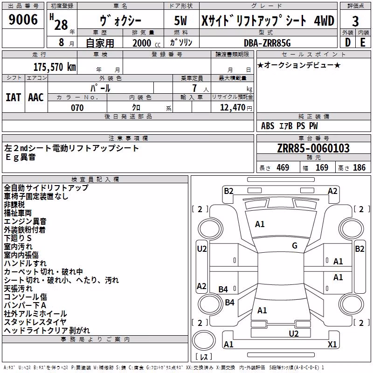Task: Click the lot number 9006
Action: tap(23, 20)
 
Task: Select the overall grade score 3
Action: tap(355, 21)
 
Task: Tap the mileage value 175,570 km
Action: tap(55, 67)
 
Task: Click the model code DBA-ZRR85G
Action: tap(267, 43)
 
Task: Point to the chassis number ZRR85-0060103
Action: tap(313, 148)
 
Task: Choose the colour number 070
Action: tap(77, 108)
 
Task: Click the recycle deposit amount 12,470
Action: tap(232, 108)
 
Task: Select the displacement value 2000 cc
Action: tap(146, 43)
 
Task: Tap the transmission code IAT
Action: tap(14, 97)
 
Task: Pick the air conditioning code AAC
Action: tap(36, 97)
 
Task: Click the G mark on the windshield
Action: tap(295, 246)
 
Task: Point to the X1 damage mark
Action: tap(332, 344)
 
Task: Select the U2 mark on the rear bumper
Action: tap(294, 333)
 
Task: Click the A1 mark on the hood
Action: tap(260, 224)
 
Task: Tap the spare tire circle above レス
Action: tap(204, 340)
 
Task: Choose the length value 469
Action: tap(283, 167)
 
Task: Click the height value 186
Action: tap(359, 167)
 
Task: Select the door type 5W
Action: tap(180, 21)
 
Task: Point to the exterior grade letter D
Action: tap(347, 42)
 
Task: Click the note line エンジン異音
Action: tap(25, 221)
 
